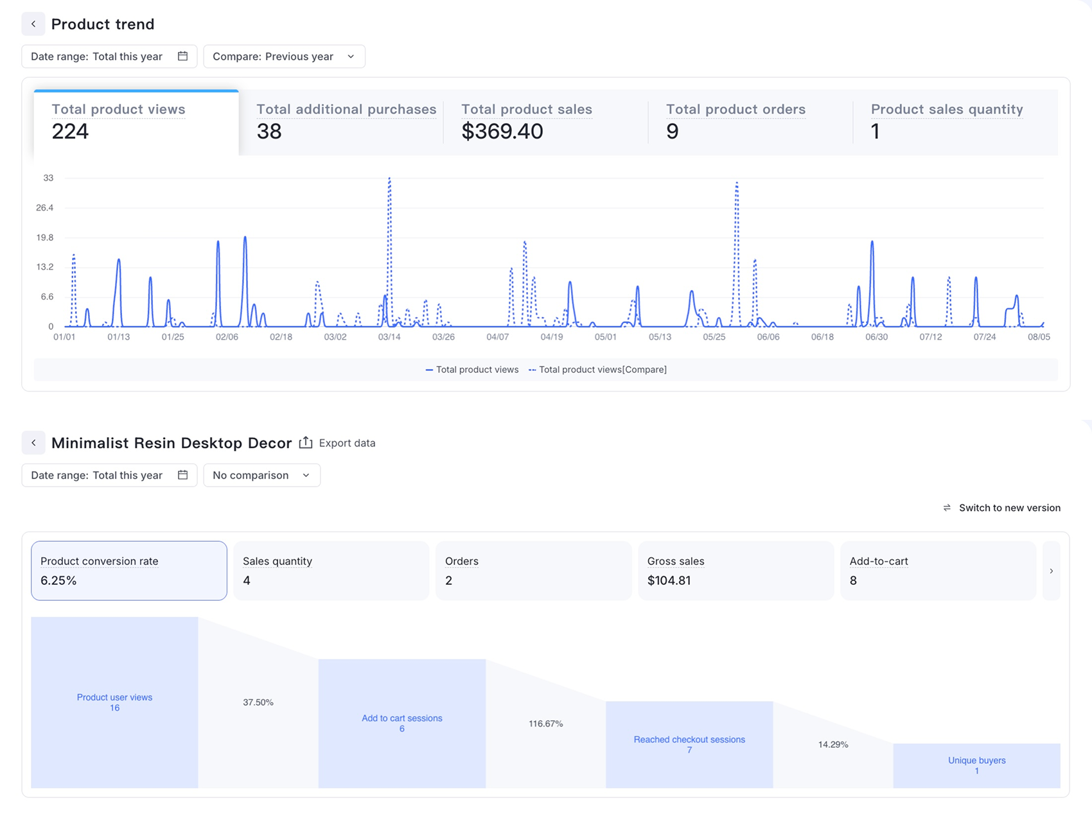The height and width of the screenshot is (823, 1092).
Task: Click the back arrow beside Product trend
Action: point(33,24)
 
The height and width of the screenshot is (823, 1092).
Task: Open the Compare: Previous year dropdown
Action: point(284,56)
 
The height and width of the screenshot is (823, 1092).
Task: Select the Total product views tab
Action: point(136,122)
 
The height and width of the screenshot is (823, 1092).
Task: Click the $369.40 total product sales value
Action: point(502,131)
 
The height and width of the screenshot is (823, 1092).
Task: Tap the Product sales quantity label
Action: point(947,109)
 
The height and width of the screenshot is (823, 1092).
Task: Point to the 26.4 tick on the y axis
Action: point(45,207)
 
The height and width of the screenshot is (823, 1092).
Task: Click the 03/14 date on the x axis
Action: point(389,336)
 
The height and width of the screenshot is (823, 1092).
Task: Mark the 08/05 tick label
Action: point(1039,336)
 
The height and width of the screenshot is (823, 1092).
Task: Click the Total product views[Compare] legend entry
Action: point(597,370)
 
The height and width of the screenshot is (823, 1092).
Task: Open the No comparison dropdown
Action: point(261,475)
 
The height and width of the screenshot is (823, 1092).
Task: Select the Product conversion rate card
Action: point(129,571)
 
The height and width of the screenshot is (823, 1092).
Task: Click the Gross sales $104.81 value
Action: point(669,580)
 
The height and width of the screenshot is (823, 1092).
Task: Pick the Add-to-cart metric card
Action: point(938,571)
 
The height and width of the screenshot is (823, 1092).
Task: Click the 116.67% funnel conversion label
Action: point(546,723)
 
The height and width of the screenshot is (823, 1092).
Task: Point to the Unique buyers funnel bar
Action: point(976,766)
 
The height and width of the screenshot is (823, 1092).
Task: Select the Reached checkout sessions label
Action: point(689,740)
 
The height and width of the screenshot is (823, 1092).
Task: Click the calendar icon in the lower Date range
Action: point(182,475)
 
